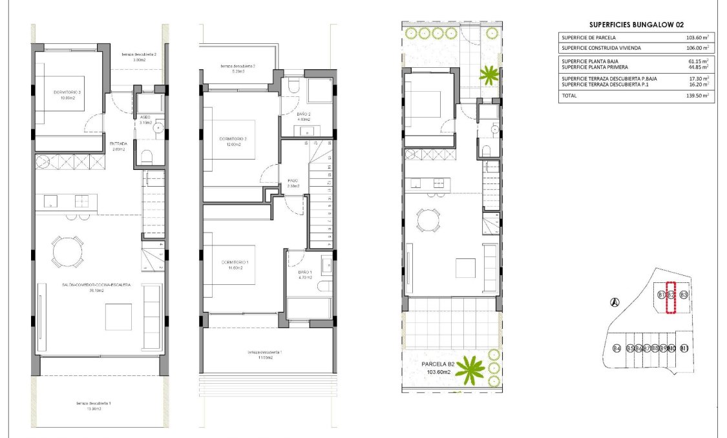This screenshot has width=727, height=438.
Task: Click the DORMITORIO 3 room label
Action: [x=68, y=92]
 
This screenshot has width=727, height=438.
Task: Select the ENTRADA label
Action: [x=118, y=143]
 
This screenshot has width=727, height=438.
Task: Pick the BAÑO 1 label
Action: [x=304, y=273]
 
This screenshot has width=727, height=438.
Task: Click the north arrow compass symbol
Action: [x=615, y=301]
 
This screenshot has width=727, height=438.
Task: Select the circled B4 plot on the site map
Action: [x=616, y=349]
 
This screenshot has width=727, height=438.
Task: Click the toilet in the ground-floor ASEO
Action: [x=147, y=156]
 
